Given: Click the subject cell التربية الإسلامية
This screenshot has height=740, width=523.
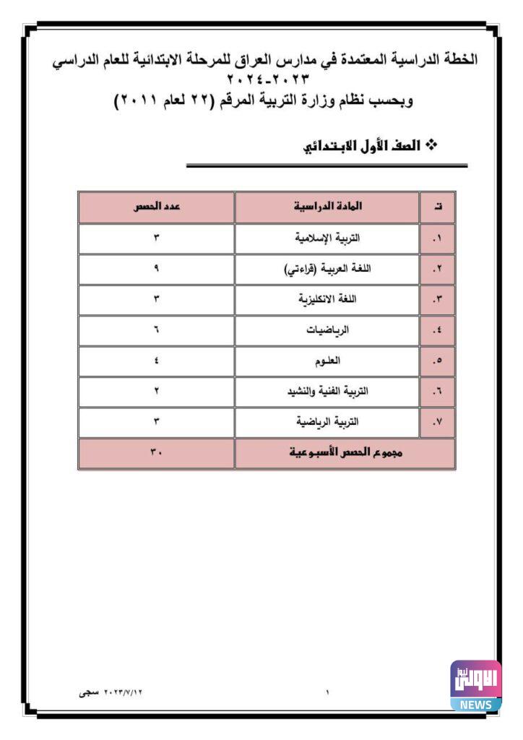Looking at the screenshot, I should point(327,238).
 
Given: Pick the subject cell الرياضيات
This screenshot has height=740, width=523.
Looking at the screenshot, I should point(327,330).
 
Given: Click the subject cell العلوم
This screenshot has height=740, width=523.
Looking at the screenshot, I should point(327,361).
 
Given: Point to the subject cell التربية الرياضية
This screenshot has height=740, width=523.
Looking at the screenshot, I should point(327,421).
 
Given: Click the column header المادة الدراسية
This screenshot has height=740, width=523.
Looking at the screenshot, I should point(327,207).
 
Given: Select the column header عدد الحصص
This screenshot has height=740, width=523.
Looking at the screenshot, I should point(156,207).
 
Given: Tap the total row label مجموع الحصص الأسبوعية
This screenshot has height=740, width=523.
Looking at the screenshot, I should point(345,453).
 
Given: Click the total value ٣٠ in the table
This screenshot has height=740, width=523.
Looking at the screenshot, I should point(156,453).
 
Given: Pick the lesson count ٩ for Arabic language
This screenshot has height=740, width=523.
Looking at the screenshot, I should point(156,269).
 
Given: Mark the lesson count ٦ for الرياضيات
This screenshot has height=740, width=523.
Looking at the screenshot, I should point(156,330).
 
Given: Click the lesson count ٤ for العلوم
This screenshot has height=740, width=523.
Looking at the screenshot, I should point(156,361).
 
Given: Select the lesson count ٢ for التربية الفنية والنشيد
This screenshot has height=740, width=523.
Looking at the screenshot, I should point(156,391).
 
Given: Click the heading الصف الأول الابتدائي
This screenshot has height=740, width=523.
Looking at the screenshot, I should point(368,147).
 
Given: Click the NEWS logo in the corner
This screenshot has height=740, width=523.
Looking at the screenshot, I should point(475,685).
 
